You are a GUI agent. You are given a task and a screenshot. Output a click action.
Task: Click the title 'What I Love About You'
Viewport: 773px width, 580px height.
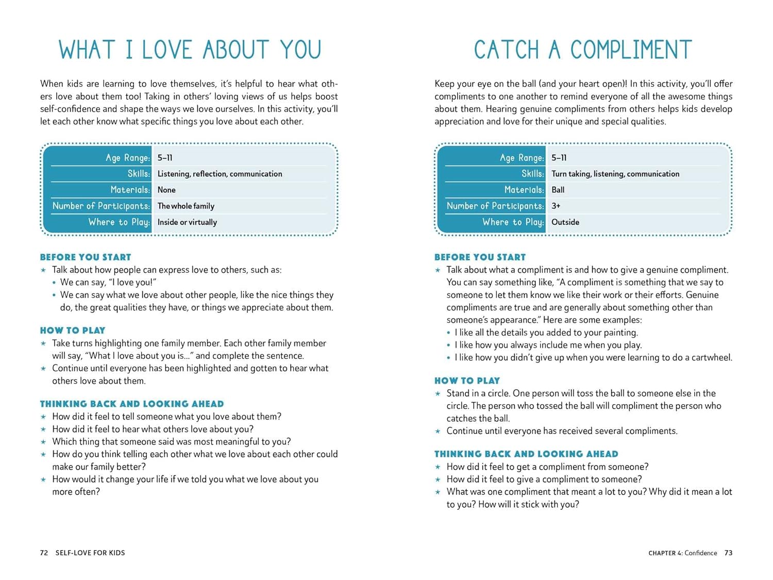190,50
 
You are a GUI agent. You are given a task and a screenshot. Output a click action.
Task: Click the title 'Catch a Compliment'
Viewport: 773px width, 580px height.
583,50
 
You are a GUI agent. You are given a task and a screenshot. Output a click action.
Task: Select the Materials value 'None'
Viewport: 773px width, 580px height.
166,190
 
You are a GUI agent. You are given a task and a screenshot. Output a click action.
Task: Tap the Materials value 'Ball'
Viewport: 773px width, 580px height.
558,190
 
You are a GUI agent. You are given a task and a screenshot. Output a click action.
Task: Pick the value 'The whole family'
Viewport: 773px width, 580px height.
186,206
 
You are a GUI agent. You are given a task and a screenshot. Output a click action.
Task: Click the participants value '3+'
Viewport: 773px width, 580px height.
556,206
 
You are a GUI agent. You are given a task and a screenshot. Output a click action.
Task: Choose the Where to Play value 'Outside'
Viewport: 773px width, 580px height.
565,222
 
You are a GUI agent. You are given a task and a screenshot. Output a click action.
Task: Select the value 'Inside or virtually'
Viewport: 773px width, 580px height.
187,222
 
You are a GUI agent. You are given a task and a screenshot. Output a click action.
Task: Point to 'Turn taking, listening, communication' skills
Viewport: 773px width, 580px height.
615,174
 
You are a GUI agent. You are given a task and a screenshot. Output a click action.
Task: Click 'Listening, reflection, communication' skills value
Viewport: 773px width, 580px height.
220,174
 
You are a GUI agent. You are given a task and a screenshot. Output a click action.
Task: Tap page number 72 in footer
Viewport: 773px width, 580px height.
44,553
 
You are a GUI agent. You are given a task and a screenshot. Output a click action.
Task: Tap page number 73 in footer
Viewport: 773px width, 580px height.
728,553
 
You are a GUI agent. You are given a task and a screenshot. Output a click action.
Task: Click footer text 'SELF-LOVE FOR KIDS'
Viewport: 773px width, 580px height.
90,553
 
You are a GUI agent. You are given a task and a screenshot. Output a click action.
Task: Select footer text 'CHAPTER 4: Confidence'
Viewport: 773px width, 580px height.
682,553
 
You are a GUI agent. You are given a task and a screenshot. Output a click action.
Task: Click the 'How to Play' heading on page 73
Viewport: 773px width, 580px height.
467,380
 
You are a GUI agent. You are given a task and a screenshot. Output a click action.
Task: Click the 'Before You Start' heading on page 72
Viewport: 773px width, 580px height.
86,257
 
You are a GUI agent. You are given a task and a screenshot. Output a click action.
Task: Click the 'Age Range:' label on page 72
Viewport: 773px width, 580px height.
128,158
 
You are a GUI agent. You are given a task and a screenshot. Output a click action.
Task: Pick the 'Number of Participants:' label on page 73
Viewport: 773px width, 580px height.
495,206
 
